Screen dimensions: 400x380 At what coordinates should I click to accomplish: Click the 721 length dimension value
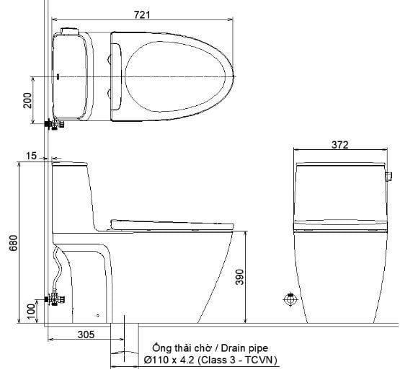[142, 14]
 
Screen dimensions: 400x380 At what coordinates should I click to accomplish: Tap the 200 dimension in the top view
[27, 100]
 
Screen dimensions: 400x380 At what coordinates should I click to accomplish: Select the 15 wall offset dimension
[32, 156]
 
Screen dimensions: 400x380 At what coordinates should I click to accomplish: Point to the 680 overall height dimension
[14, 243]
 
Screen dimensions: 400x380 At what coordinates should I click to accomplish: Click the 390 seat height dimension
[239, 277]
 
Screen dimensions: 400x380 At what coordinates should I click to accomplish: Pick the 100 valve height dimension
[31, 311]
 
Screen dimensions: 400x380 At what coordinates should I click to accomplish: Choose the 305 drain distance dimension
[86, 335]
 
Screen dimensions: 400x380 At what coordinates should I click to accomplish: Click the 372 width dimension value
[339, 145]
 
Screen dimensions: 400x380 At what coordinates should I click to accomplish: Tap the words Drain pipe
[244, 348]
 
